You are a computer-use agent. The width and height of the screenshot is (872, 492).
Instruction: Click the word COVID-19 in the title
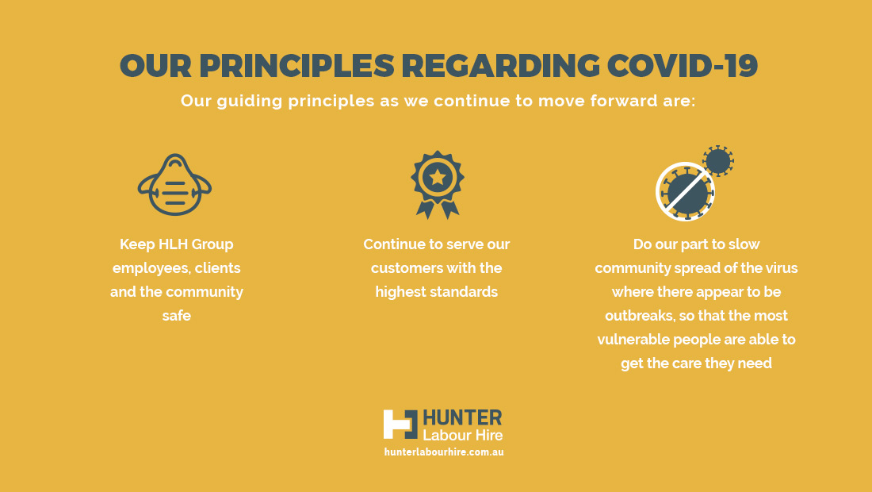[x=683, y=65]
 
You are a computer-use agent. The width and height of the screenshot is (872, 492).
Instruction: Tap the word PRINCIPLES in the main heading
[x=296, y=65]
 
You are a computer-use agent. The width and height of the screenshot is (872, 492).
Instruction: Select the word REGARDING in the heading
[x=500, y=65]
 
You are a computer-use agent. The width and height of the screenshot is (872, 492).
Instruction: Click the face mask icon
[x=174, y=185]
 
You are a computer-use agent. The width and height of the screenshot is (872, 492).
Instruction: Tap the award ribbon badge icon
[x=438, y=185]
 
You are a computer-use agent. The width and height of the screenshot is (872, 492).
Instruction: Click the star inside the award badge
[x=438, y=178]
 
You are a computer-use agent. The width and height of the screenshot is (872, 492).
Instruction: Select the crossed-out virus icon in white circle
[x=685, y=191]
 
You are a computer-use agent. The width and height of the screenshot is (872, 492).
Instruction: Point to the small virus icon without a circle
[x=718, y=161]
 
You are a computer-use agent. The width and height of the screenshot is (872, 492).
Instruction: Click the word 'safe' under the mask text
[x=176, y=316]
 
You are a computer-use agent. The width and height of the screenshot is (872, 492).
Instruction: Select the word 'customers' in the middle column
[x=405, y=268]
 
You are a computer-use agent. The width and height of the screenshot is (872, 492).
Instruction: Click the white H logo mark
[x=400, y=425]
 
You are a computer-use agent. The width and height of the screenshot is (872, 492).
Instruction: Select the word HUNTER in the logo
[x=463, y=417]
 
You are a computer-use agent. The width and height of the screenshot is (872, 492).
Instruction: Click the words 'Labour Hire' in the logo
[x=463, y=435]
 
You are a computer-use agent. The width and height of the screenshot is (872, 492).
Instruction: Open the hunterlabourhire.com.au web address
[x=444, y=452]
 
